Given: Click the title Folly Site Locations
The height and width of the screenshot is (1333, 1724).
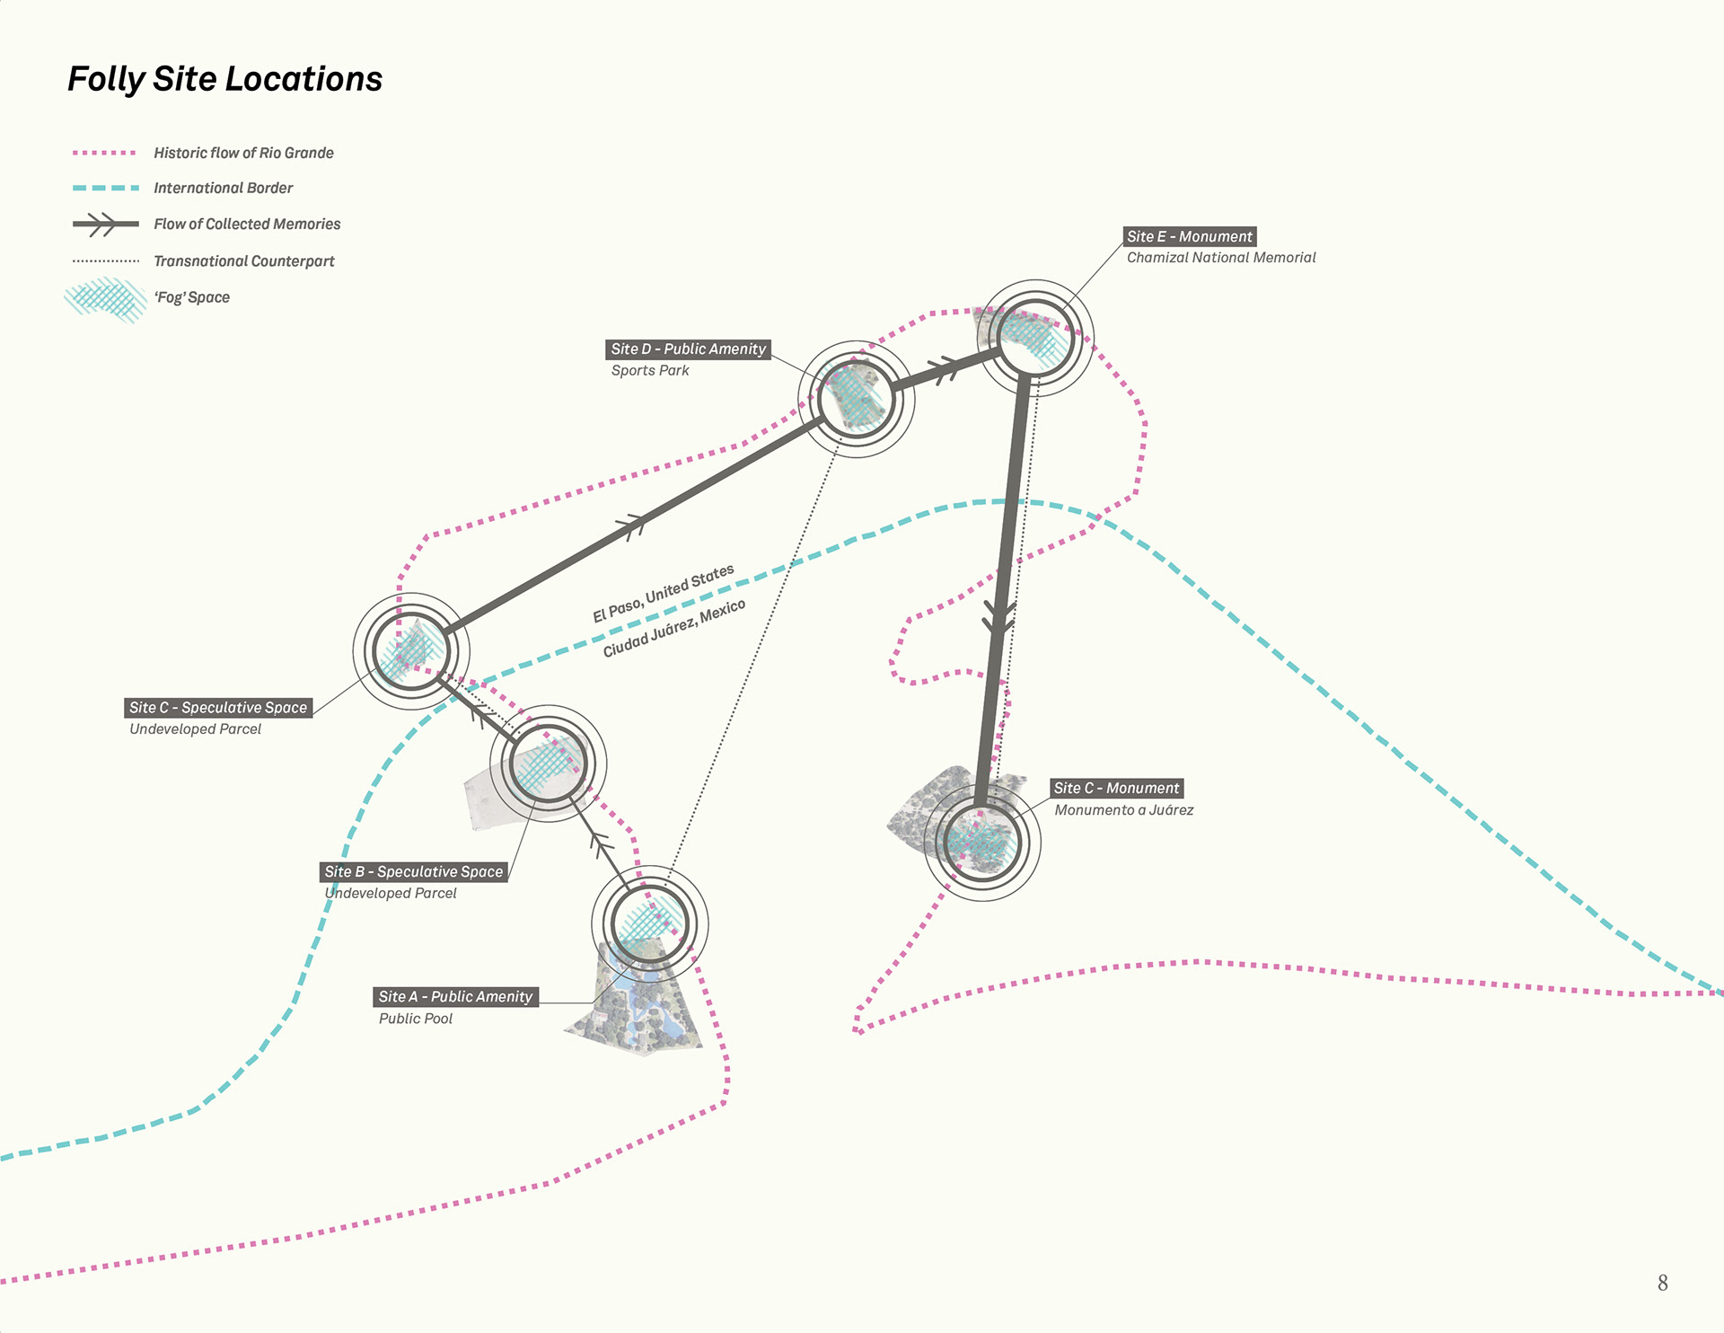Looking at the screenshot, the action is click(224, 79).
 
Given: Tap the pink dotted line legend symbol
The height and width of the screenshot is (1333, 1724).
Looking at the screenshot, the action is click(105, 154).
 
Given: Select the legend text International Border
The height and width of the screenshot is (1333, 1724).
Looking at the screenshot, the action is click(223, 188).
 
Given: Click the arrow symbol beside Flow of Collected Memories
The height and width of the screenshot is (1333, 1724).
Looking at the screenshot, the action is click(105, 224).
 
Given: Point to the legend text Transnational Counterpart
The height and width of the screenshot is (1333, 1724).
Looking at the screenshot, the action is click(243, 261).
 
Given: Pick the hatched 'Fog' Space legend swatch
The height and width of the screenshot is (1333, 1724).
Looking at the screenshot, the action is click(106, 299).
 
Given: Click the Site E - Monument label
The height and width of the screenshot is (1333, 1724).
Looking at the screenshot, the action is click(1189, 236).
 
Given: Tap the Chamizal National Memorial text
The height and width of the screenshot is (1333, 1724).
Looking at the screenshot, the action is click(1220, 258).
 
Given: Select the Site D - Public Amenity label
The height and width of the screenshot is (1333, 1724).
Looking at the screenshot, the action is click(688, 349).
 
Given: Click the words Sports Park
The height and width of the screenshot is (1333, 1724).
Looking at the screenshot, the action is click(649, 370).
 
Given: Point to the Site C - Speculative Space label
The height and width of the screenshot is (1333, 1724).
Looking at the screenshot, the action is click(218, 708).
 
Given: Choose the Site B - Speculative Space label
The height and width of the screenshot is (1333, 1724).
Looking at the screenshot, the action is click(413, 871).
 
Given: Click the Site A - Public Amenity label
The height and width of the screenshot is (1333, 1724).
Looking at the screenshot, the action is click(455, 996).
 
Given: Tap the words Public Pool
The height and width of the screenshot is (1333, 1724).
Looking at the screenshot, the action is click(415, 1019).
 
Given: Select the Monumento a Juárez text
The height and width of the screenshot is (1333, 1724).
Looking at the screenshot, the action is click(1123, 810).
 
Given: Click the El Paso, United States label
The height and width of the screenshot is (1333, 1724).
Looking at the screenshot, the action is click(663, 594).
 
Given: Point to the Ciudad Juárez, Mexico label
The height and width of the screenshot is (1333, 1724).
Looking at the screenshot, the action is click(673, 628).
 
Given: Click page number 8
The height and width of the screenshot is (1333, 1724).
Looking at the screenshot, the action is click(1662, 1283).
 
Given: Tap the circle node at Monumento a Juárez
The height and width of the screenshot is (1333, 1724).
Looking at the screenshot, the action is click(982, 843).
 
